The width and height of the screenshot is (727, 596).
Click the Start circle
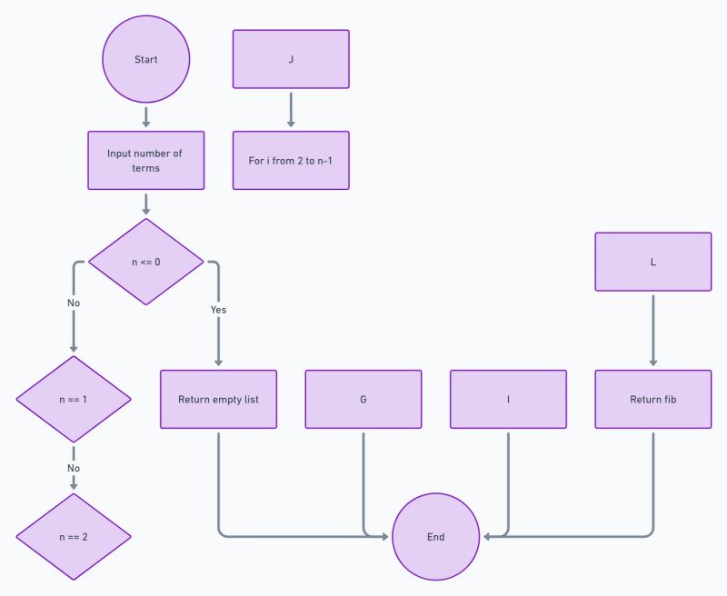[145, 59]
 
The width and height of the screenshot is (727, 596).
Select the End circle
[436, 536]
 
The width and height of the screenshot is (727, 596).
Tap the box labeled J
[291, 59]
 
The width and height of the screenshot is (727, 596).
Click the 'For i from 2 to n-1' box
[291, 160]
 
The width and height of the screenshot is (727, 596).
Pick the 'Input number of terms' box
[145, 160]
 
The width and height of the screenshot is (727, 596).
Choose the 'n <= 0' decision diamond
[145, 262]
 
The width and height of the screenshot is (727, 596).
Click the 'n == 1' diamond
[74, 399]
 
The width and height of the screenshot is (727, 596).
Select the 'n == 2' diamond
[74, 536]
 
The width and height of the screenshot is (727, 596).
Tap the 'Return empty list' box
[218, 399]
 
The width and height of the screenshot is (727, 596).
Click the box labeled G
[363, 399]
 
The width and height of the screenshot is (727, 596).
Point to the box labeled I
[508, 399]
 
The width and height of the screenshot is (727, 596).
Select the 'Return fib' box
[653, 399]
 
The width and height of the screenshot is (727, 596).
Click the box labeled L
[653, 262]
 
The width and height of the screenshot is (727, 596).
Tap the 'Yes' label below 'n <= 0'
[218, 310]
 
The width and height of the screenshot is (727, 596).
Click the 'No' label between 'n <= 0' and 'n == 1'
[74, 303]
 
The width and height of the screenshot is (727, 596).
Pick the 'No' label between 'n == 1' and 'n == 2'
[74, 468]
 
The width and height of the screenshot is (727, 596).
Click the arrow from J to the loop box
[291, 109]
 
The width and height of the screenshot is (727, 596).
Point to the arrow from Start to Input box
[145, 116]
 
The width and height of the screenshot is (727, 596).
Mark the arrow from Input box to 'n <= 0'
[145, 203]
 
